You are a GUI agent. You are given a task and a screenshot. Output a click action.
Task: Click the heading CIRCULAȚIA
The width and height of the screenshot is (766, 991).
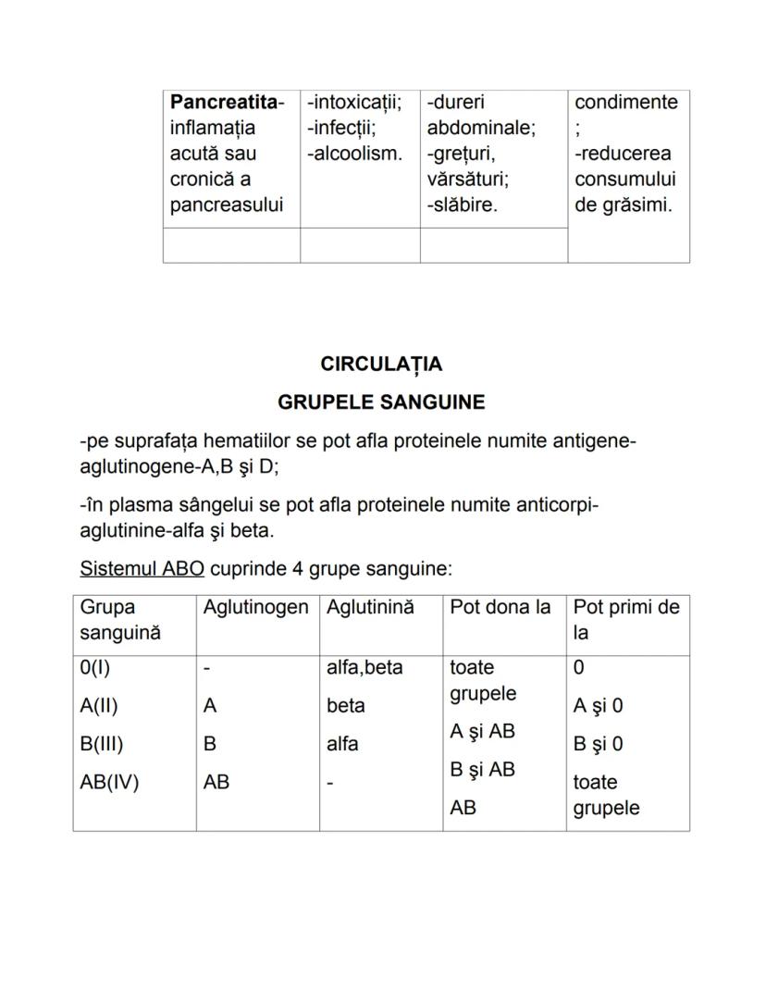pyautogui.click(x=381, y=365)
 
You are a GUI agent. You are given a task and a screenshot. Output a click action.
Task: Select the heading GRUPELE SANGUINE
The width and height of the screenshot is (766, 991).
pyautogui.click(x=381, y=403)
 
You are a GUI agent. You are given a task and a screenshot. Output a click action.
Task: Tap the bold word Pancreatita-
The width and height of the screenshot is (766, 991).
pyautogui.click(x=228, y=102)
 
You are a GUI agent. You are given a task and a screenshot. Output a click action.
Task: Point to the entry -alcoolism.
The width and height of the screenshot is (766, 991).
pyautogui.click(x=355, y=154)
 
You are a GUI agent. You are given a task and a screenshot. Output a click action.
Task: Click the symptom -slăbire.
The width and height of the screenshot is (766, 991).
pyautogui.click(x=462, y=205)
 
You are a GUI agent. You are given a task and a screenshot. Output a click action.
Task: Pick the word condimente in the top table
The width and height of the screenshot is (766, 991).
pyautogui.click(x=626, y=102)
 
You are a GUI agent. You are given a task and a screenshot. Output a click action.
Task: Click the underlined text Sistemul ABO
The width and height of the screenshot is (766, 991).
pyautogui.click(x=142, y=568)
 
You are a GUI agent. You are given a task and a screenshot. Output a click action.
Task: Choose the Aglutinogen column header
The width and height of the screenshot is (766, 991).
pyautogui.click(x=255, y=608)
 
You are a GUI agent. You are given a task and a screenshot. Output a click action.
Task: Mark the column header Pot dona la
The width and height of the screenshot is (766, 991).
pyautogui.click(x=500, y=608)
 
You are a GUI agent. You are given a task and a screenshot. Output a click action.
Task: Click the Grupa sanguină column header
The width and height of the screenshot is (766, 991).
pyautogui.click(x=120, y=620)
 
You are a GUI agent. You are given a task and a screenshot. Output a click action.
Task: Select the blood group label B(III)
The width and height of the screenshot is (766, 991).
pyautogui.click(x=102, y=744)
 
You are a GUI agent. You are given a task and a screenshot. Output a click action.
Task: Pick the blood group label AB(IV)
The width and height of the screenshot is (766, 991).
pyautogui.click(x=109, y=783)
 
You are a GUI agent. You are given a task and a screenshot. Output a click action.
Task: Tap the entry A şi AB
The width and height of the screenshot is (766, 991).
pyautogui.click(x=482, y=732)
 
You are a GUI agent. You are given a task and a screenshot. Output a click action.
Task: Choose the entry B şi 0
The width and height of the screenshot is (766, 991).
pyautogui.click(x=598, y=744)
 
